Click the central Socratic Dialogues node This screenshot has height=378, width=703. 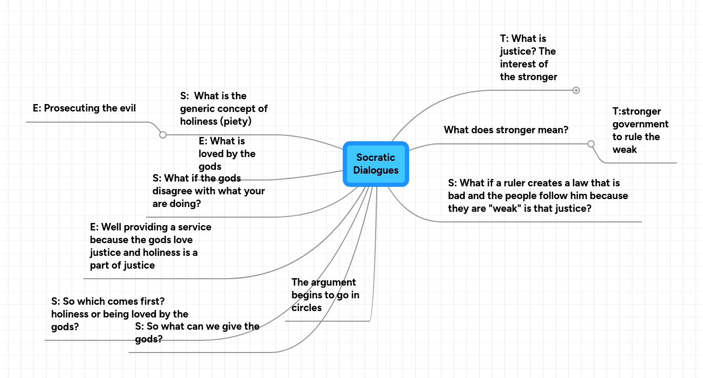click(376, 164)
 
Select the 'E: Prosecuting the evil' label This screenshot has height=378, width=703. click(84, 108)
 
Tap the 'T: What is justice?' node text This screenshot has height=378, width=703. click(528, 58)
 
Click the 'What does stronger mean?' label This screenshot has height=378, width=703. click(506, 130)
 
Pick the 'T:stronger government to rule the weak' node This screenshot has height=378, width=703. click(640, 131)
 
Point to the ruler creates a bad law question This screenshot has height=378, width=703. click(537, 196)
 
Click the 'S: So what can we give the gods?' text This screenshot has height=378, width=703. click(197, 333)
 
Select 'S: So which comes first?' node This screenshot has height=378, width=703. click(119, 314)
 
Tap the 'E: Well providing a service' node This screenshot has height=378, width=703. click(150, 246)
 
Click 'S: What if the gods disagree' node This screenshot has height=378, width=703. click(208, 191)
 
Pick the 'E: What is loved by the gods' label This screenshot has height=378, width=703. click(227, 154)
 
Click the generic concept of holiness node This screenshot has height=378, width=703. click(223, 109)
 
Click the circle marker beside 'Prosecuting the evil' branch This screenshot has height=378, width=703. click(163, 135)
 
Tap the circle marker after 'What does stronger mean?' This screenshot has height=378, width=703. click(591, 143)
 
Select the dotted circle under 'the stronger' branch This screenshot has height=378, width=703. click(576, 90)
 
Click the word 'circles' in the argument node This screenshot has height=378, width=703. click(307, 308)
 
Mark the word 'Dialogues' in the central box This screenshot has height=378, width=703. click(376, 170)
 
